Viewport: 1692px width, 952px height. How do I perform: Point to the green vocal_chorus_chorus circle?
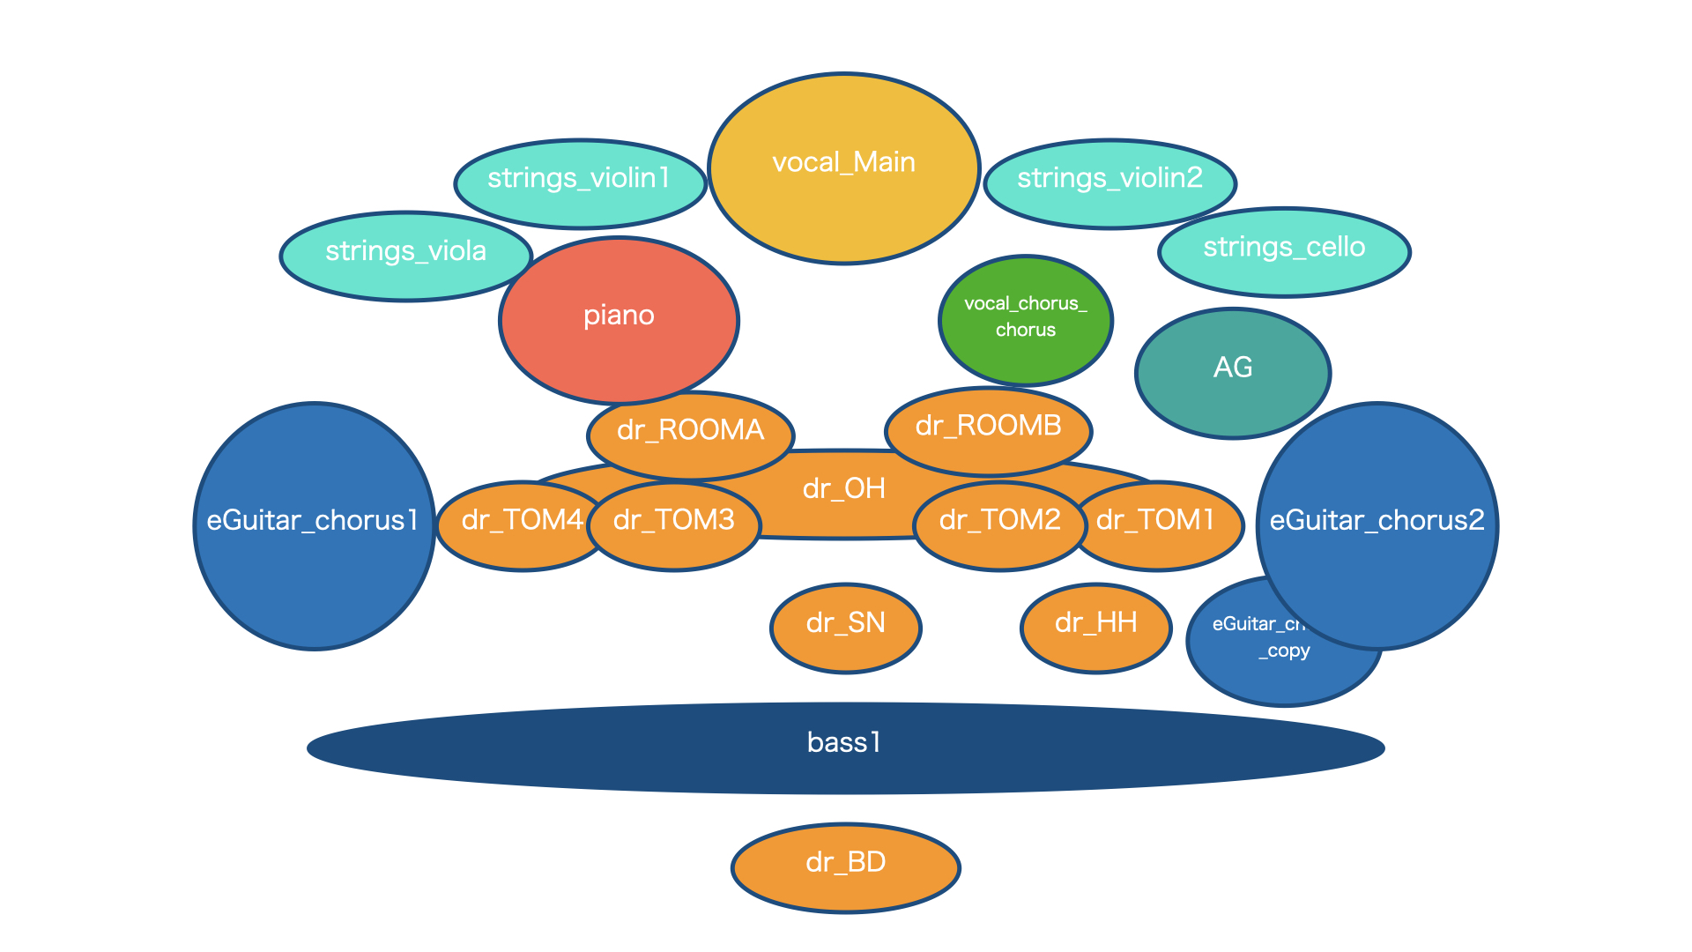(x=1026, y=319)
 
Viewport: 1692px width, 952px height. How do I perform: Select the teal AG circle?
(x=1232, y=370)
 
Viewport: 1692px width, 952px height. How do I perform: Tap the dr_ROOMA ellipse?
(x=690, y=432)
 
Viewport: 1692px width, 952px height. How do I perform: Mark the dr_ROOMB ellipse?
(x=988, y=428)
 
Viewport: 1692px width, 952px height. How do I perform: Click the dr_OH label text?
(x=843, y=488)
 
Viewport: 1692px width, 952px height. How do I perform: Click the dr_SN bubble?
(x=845, y=627)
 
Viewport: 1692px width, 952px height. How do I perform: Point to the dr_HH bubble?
(x=1095, y=627)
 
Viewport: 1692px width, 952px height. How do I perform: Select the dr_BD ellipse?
(x=845, y=866)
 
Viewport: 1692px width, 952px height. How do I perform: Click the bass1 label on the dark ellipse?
(x=843, y=743)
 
